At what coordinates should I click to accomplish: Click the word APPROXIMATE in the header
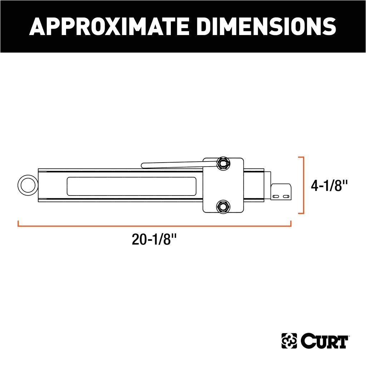pyautogui.click(x=109, y=26)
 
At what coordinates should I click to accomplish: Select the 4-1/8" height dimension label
pyautogui.click(x=329, y=186)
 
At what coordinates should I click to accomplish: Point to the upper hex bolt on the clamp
pyautogui.click(x=223, y=163)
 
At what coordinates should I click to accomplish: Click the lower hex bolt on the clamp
pyautogui.click(x=223, y=206)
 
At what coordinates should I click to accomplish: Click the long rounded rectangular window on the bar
pyautogui.click(x=132, y=186)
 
